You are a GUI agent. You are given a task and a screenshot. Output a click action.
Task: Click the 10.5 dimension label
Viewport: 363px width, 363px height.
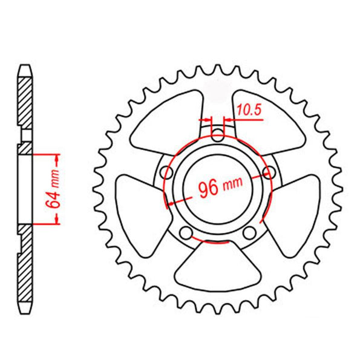(x=249, y=110)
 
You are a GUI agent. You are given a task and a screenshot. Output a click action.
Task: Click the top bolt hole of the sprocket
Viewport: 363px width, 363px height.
(x=218, y=136)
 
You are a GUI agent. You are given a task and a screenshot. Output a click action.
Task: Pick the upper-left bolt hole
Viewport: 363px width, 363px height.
(x=167, y=172)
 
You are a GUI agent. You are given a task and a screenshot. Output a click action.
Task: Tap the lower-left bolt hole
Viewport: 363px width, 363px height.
(x=186, y=233)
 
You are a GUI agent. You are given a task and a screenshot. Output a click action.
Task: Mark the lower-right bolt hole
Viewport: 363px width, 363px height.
(x=249, y=233)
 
